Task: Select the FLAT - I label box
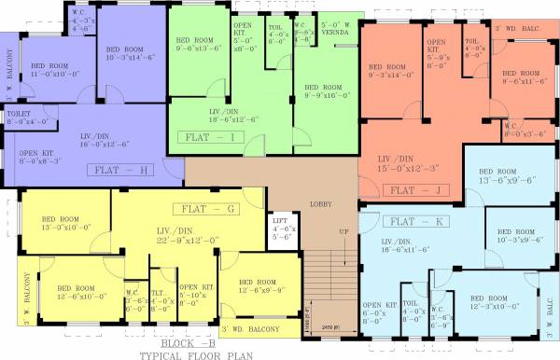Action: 214,137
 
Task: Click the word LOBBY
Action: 320,203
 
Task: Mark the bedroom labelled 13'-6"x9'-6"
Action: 506,176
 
